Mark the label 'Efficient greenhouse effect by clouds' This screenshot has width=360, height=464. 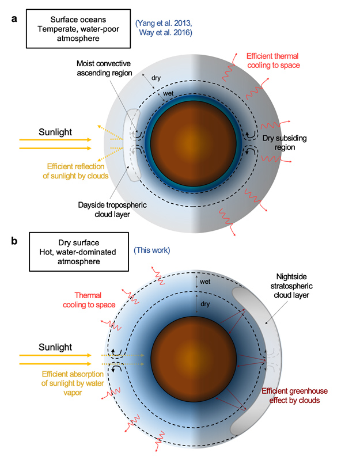point(298,394)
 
